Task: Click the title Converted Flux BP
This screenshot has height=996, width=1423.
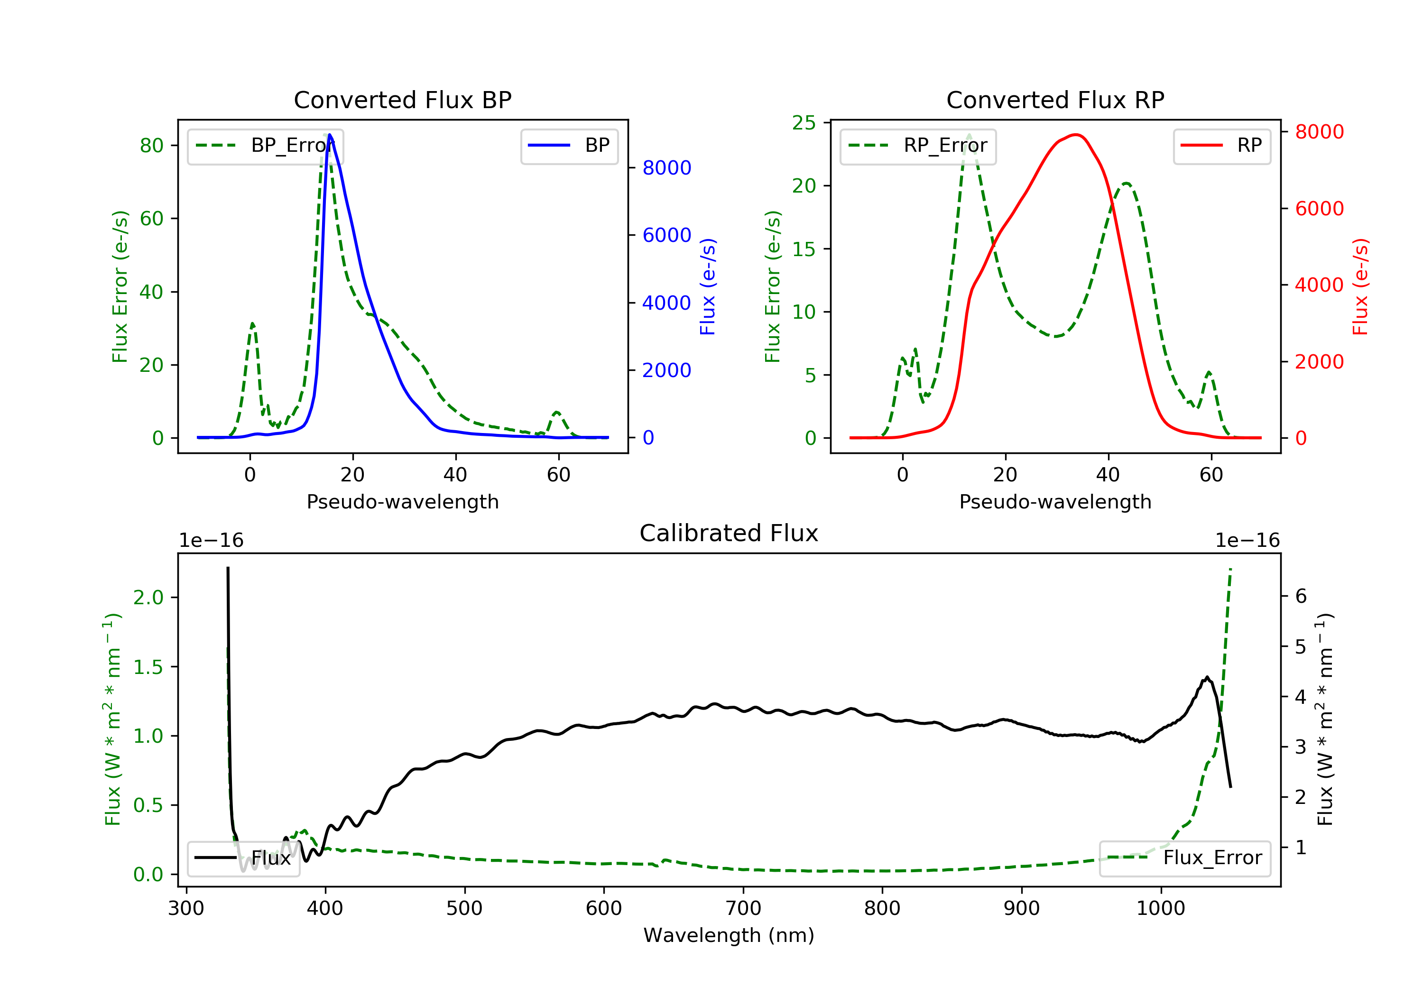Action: pos(402,100)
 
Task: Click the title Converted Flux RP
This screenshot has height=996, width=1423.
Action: pos(1055,100)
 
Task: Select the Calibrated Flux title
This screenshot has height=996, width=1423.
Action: pos(729,533)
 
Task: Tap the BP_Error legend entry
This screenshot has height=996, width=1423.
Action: pos(265,146)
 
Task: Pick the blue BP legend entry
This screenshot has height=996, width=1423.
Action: pos(569,146)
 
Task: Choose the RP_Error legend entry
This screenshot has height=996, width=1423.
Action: pos(917,146)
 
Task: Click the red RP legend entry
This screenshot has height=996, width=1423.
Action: pos(1221,146)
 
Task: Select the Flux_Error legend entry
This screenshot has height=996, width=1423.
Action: pos(1184,858)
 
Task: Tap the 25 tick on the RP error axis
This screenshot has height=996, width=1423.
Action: pos(804,123)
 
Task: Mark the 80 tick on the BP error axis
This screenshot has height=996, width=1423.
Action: pos(151,146)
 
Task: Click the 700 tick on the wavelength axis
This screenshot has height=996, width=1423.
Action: pos(743,909)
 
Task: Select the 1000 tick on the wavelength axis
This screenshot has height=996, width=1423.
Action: pos(1161,909)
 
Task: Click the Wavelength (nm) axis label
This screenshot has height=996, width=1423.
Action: pos(729,935)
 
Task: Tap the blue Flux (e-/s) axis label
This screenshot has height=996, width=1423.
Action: pos(708,287)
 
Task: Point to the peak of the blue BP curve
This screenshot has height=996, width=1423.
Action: pos(329,135)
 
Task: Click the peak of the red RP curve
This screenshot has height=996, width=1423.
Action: pos(1077,135)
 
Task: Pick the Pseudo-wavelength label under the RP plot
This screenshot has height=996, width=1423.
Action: pos(1055,501)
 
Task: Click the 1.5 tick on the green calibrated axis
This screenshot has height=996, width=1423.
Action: pos(148,667)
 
